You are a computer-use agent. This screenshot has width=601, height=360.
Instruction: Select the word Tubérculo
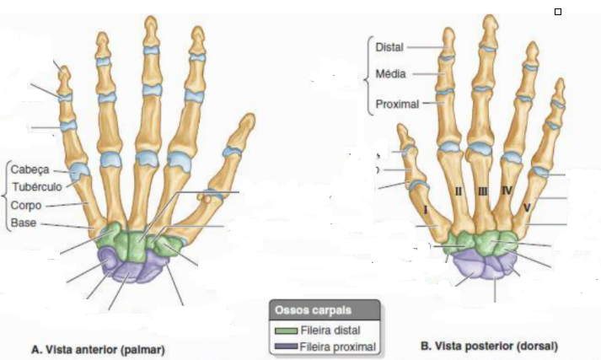(35, 187)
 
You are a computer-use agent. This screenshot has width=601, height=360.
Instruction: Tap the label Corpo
(28, 206)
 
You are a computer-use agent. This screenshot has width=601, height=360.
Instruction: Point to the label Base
(24, 223)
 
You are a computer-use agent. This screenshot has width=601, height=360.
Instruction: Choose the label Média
(391, 74)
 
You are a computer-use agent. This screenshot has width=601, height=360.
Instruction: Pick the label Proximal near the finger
(396, 105)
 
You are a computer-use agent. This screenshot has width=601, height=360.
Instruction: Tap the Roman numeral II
(459, 192)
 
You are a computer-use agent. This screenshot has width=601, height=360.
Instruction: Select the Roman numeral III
(482, 192)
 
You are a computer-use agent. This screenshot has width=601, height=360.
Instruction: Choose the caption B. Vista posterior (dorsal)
(489, 346)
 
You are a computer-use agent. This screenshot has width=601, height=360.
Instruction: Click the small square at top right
(557, 12)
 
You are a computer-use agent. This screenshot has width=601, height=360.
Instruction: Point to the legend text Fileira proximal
(337, 346)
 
